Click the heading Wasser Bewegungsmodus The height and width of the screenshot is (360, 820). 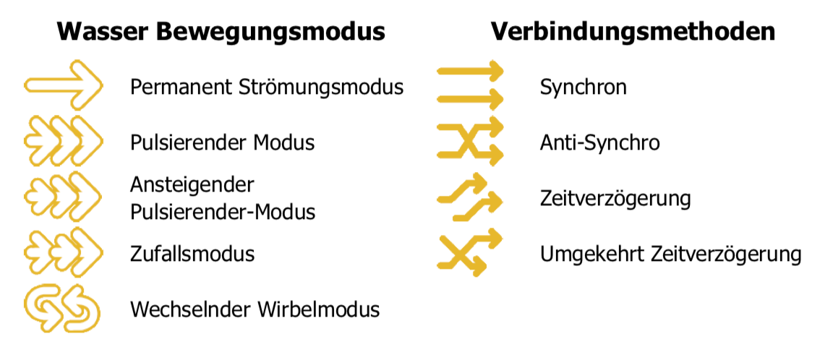221,32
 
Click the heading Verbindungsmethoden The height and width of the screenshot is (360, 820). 633,32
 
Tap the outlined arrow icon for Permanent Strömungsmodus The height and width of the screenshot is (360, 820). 64,85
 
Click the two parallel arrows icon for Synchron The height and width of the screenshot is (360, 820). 470,85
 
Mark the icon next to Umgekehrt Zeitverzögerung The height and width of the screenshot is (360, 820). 470,252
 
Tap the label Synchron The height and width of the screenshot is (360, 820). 583,87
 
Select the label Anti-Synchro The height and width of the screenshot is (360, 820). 599,142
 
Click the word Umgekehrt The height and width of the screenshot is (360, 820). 592,254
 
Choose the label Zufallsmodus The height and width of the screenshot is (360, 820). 192,254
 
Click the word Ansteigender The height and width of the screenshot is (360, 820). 192,185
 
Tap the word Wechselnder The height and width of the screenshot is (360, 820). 190,309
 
